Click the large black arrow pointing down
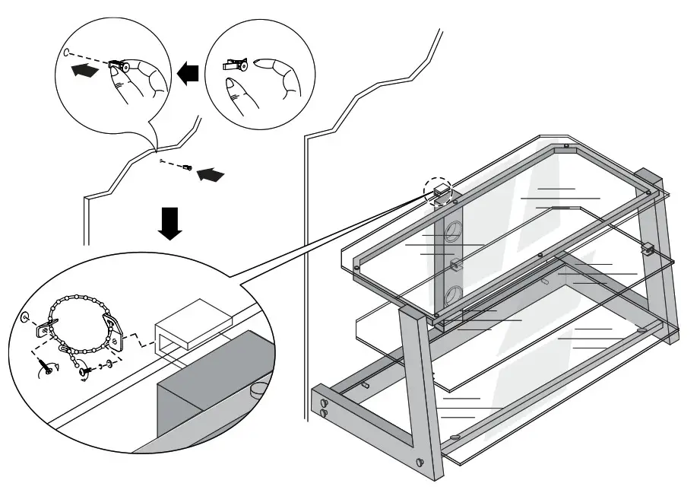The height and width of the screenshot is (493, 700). click(x=173, y=222)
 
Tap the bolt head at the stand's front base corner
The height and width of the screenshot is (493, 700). click(x=420, y=461)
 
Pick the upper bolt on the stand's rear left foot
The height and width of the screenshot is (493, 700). click(x=325, y=402)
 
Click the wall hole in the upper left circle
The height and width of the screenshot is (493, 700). click(x=68, y=53)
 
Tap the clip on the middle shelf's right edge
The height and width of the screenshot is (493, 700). click(x=648, y=248)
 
